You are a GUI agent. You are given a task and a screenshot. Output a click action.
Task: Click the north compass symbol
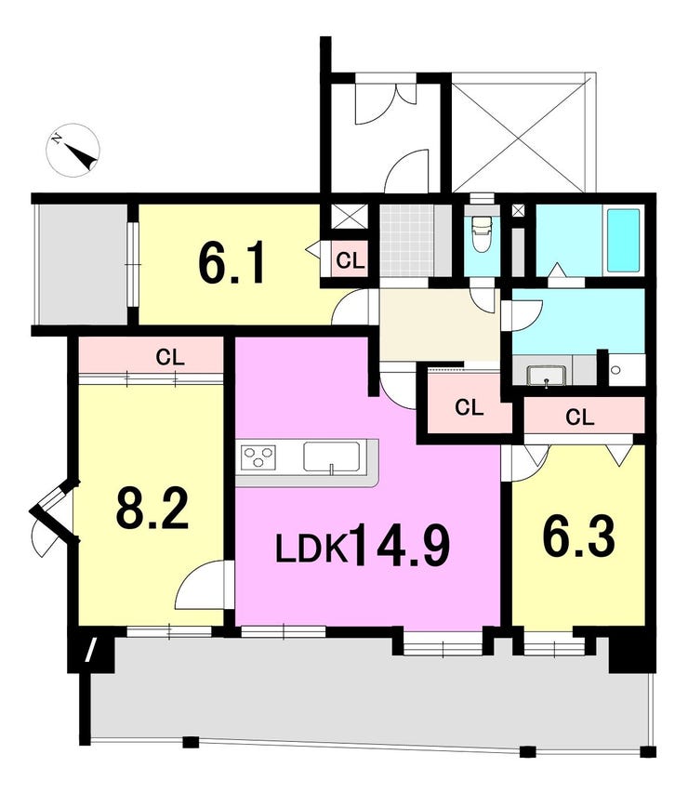click(x=73, y=149)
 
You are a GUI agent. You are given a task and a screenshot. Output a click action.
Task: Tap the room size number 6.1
click(x=232, y=263)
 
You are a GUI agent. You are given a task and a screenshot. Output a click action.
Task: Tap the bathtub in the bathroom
click(x=623, y=241)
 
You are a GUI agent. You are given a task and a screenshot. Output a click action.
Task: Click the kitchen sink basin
click(x=331, y=457)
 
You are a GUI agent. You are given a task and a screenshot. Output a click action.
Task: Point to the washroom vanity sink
click(x=545, y=375)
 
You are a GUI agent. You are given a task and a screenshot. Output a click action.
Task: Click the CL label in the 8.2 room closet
click(x=170, y=355)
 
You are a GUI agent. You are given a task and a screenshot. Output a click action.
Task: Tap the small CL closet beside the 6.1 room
click(x=350, y=261)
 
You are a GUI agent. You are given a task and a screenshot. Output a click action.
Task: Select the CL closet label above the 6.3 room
click(x=579, y=417)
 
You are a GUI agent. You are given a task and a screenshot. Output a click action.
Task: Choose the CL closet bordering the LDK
click(x=470, y=407)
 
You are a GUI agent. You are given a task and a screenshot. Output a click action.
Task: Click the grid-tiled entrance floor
click(x=406, y=240)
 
